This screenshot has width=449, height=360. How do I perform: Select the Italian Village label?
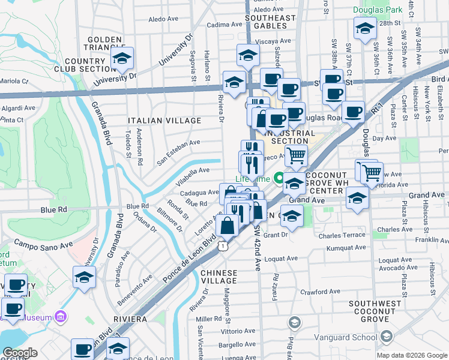(164, 121)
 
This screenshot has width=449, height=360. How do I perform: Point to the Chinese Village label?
(219, 277)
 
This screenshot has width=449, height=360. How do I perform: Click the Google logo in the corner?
(20, 353)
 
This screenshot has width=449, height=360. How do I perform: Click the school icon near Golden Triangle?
(122, 58)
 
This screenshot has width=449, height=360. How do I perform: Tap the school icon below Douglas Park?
(365, 28)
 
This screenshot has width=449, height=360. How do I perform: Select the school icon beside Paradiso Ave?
(85, 276)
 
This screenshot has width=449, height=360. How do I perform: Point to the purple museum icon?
(60, 316)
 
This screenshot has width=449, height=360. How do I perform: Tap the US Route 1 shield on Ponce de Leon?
(223, 245)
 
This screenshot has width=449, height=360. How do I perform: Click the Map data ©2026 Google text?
(412, 355)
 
